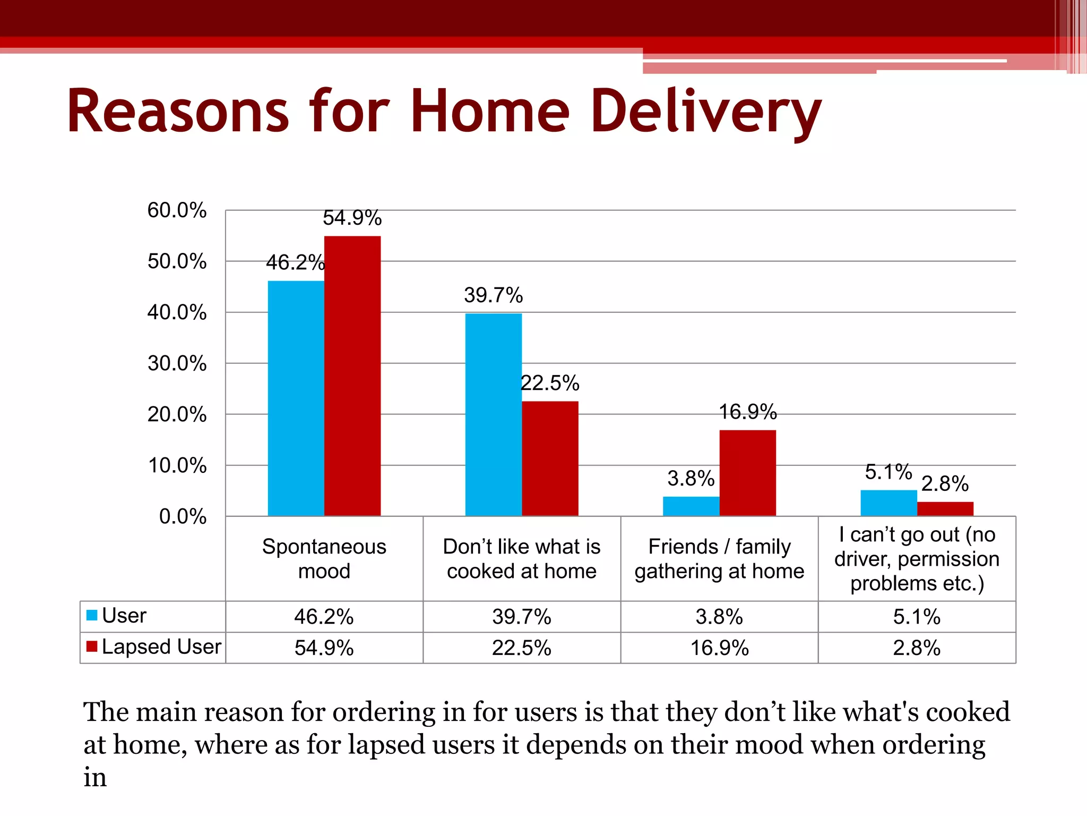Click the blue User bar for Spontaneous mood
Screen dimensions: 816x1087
(x=296, y=398)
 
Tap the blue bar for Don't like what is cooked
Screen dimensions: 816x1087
(x=494, y=414)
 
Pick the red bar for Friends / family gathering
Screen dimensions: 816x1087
(x=747, y=473)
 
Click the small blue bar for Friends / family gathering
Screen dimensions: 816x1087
(x=691, y=506)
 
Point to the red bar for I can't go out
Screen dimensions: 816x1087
(x=945, y=509)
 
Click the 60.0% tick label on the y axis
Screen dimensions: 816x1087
(x=177, y=210)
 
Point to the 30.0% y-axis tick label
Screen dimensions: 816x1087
(x=177, y=364)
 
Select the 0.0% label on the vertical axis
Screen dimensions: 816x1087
(x=183, y=516)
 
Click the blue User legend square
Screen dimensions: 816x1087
(x=92, y=615)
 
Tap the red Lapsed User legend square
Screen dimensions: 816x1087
(x=92, y=647)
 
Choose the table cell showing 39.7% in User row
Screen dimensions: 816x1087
(x=521, y=617)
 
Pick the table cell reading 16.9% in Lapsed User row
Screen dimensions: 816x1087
(x=719, y=648)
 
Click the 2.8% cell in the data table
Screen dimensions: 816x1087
(x=917, y=648)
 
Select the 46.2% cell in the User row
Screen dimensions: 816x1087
(x=324, y=617)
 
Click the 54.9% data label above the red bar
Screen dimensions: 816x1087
(x=352, y=218)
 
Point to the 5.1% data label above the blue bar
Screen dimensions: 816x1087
(x=888, y=472)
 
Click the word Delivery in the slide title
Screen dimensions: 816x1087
(x=706, y=112)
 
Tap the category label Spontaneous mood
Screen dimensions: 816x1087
(x=324, y=559)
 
